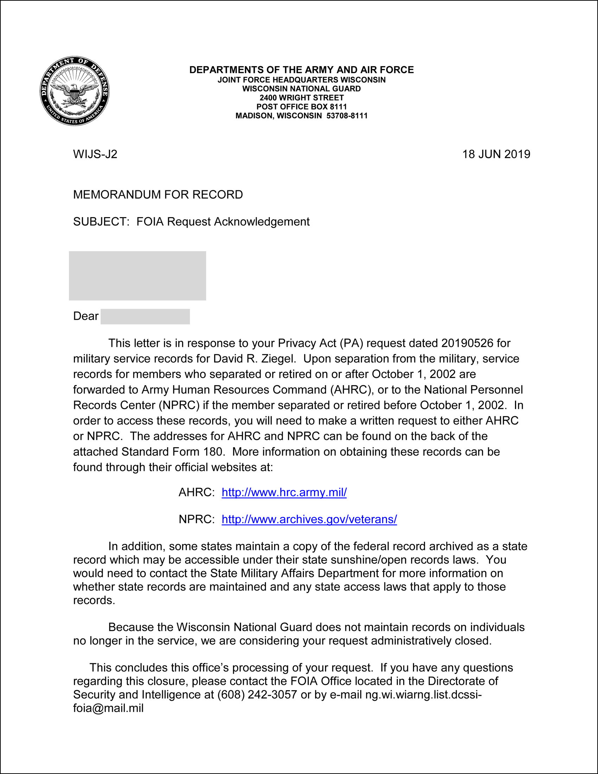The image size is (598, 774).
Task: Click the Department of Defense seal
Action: click(74, 91)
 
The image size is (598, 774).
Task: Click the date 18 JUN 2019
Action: click(496, 154)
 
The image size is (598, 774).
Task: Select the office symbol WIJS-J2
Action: click(95, 154)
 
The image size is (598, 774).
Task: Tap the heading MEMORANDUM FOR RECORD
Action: click(158, 195)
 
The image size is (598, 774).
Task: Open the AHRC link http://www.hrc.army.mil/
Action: click(284, 492)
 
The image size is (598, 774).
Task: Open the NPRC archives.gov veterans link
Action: click(309, 519)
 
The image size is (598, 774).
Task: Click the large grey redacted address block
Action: click(138, 276)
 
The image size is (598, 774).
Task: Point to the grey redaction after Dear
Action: click(145, 317)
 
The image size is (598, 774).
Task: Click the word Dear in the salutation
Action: click(86, 316)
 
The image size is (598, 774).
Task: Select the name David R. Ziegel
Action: click(254, 359)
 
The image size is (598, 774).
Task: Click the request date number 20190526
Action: click(467, 343)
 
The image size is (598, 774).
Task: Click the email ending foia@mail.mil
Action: click(108, 708)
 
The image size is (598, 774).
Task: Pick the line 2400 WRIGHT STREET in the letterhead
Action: click(301, 98)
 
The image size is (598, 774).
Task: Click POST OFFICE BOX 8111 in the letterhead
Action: click(301, 107)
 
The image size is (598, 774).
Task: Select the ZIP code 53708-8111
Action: click(347, 116)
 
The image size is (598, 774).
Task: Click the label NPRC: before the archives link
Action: click(197, 519)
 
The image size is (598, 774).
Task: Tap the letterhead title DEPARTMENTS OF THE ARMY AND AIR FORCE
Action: click(301, 70)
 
